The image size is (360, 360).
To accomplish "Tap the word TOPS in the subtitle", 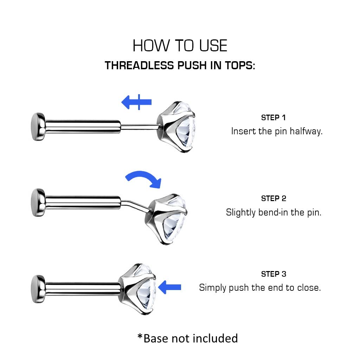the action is [239, 65].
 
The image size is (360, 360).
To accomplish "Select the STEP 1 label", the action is [274, 117].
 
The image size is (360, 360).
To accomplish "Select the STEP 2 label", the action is [274, 198].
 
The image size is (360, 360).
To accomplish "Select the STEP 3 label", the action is [274, 274].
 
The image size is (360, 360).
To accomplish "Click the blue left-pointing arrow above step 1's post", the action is [136, 102].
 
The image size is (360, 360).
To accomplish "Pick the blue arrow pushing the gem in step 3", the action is [170, 287].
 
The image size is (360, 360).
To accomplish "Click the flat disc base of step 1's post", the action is [38, 127].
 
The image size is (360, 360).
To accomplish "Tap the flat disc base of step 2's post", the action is [38, 202].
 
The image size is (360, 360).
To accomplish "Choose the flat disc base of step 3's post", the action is [38, 289].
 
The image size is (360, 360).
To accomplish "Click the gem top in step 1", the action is [176, 127].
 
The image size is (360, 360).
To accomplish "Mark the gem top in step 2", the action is [166, 219].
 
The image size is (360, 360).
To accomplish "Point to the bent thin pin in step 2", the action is [134, 205].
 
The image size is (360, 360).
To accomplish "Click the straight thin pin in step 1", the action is [139, 127].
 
